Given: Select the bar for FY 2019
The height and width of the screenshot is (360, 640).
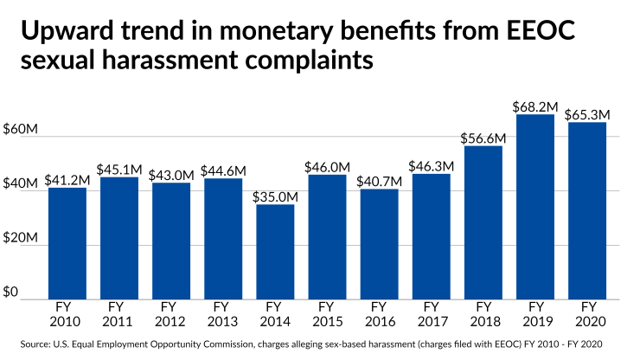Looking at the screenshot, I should click(535, 207).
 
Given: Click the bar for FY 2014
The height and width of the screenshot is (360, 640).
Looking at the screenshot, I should click(275, 252).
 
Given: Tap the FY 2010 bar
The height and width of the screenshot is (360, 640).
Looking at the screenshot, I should click(67, 243).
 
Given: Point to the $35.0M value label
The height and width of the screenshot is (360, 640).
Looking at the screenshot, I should click(275, 196).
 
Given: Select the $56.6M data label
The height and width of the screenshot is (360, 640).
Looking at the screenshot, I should click(483, 138).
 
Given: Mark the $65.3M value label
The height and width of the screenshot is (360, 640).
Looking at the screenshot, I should click(587, 114).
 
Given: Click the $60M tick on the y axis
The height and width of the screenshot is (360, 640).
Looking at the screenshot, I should click(21, 129).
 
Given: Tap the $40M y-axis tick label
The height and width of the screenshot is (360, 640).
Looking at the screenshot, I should click(21, 183).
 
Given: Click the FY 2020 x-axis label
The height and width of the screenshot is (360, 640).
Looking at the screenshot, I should click(587, 312).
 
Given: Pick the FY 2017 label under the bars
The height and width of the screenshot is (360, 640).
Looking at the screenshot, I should click(431, 312).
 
